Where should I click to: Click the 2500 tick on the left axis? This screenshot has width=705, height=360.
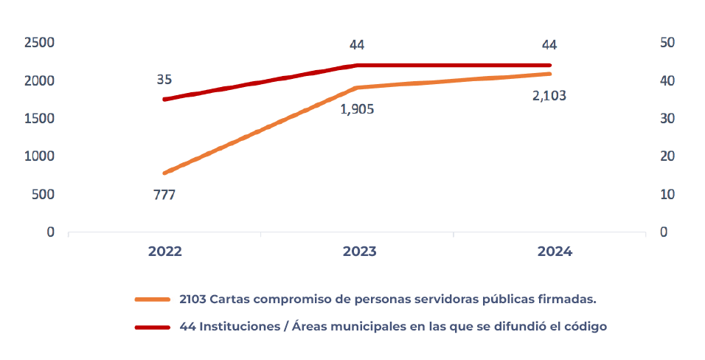tap(40, 43)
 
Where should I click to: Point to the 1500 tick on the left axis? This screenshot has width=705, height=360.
tap(40, 119)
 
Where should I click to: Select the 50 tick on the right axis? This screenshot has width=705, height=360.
tap(667, 43)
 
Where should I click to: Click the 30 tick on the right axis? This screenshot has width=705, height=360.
tap(667, 119)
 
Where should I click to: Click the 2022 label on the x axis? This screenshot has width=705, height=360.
tap(164, 252)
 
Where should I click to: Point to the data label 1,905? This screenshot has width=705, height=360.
tap(357, 109)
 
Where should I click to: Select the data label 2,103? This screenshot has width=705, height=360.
tap(549, 95)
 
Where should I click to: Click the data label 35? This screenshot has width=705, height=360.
tap(164, 79)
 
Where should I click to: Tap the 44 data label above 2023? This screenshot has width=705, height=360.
tap(357, 45)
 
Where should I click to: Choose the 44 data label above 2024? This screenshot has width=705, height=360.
tap(549, 45)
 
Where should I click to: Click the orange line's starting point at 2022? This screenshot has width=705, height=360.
tap(164, 173)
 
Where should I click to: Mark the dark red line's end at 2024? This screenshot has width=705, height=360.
tap(549, 65)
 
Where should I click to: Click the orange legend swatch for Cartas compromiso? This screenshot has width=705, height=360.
tap(153, 300)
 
